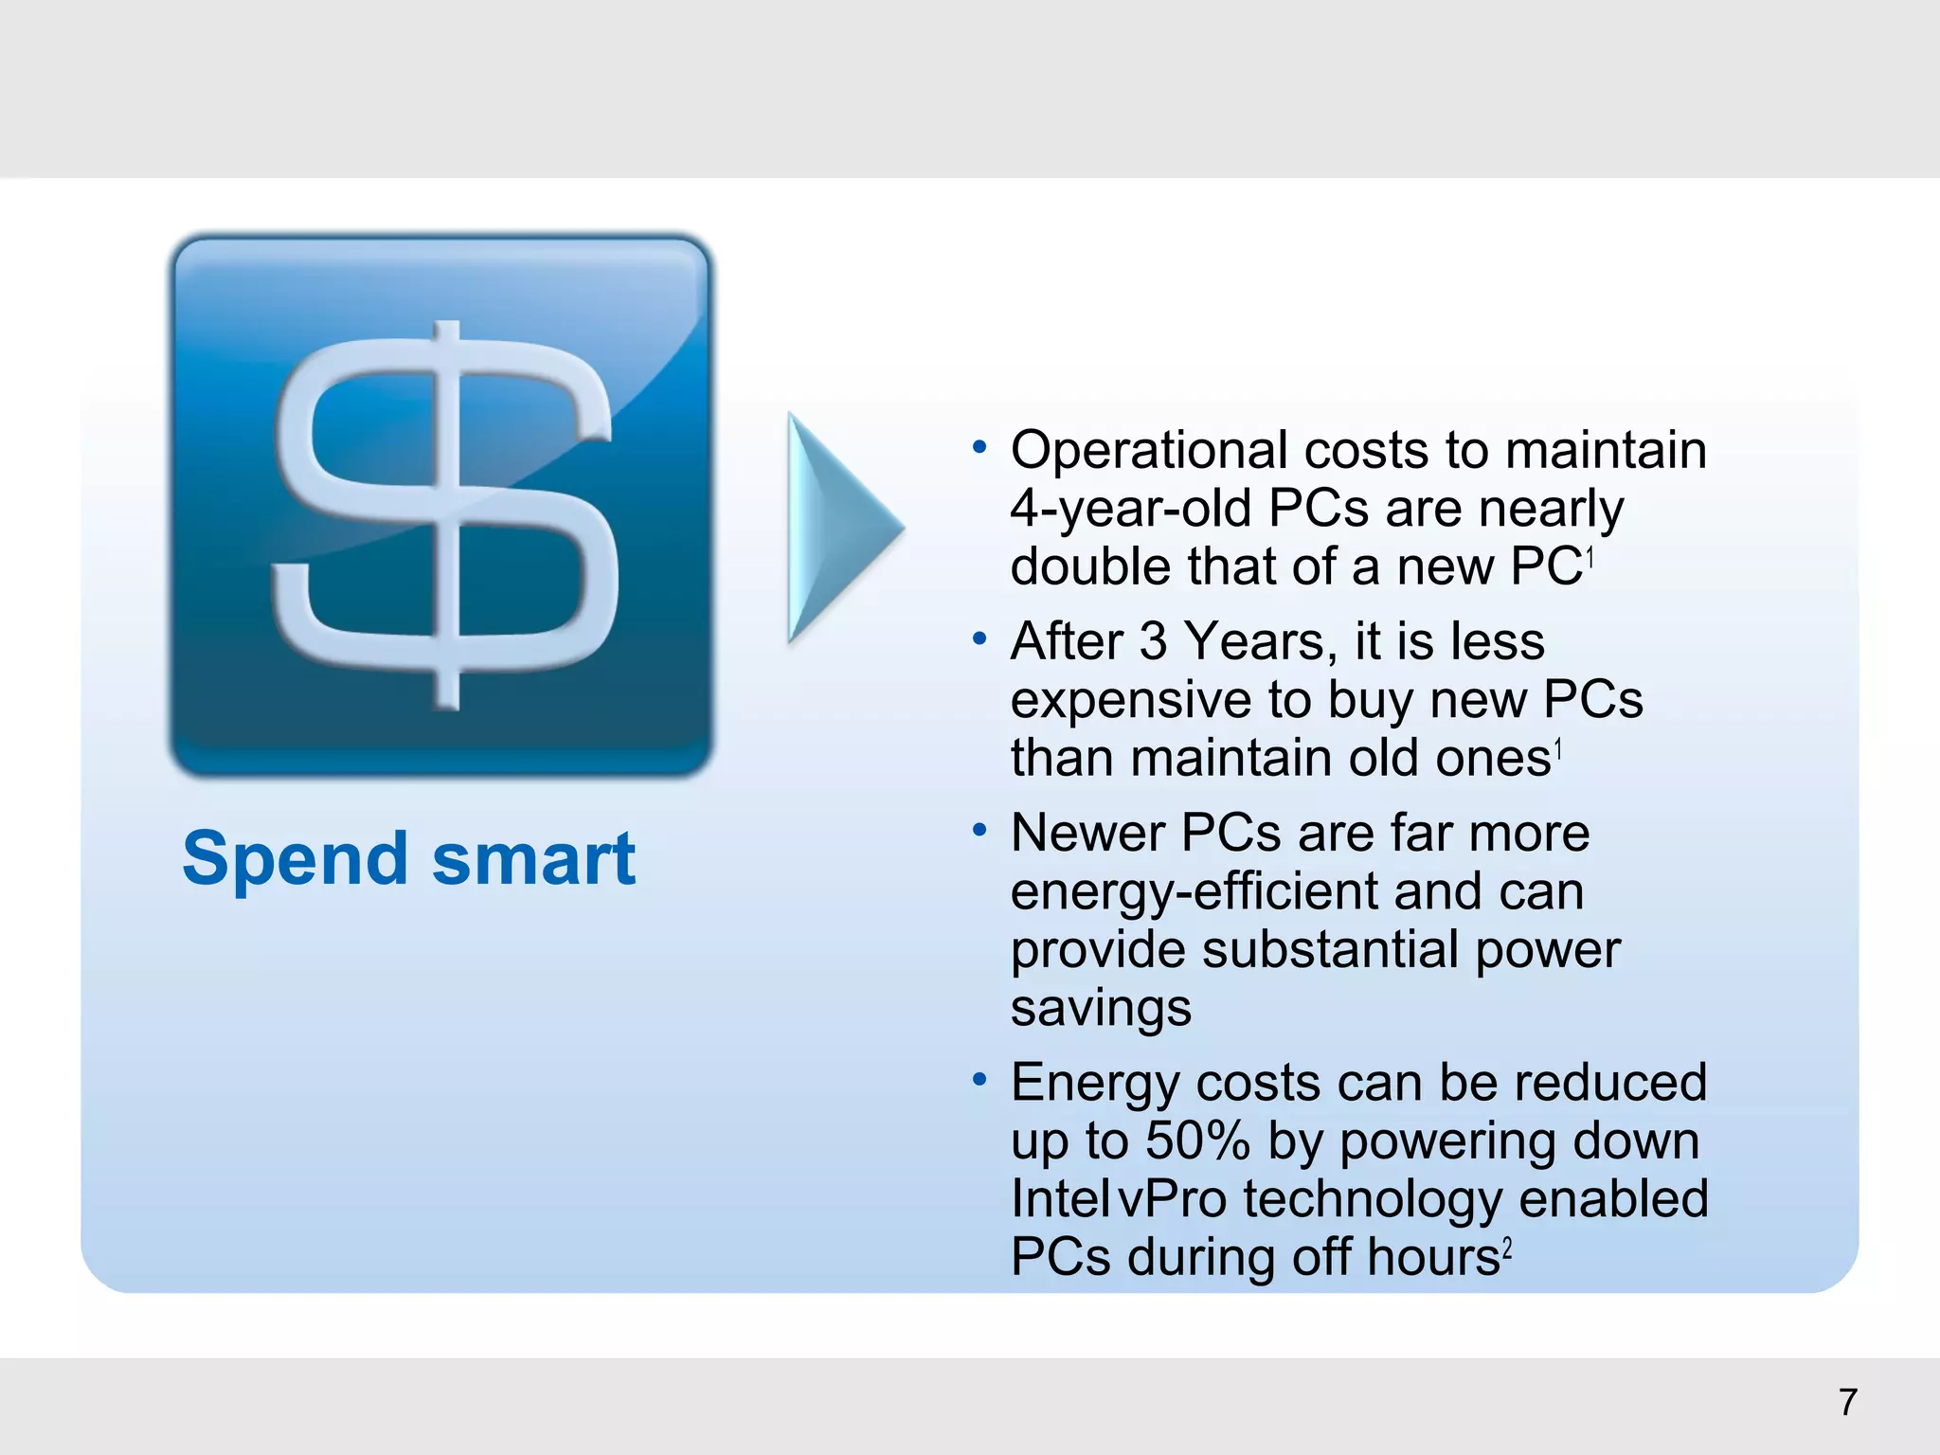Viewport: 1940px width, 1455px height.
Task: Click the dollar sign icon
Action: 441,508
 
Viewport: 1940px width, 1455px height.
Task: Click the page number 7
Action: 1847,1403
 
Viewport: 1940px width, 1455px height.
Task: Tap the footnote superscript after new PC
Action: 1590,558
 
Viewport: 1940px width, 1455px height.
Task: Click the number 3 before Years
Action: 1153,641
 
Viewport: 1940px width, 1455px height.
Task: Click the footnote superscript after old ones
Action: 1558,752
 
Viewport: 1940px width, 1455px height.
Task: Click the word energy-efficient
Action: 1194,892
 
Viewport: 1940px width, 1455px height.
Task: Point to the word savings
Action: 1100,1008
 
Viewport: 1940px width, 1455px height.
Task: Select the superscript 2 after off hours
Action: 1507,1250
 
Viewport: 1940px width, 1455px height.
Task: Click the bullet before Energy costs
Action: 979,1079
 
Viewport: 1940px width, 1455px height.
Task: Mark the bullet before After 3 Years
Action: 979,638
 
